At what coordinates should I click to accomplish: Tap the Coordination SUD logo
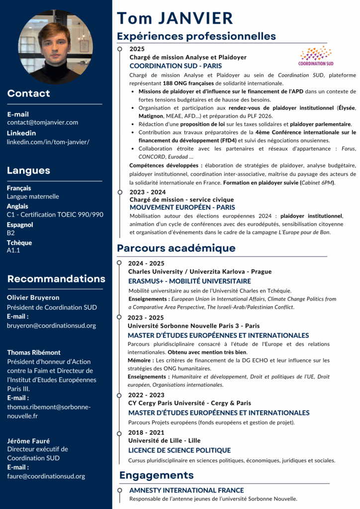click(316, 56)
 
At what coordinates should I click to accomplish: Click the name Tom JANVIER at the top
click(175, 18)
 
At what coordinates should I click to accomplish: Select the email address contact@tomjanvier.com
click(42, 122)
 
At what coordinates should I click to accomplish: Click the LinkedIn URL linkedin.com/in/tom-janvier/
click(48, 142)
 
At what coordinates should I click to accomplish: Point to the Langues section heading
click(28, 170)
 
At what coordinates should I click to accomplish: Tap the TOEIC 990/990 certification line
click(55, 215)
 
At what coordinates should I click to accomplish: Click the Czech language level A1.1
click(13, 251)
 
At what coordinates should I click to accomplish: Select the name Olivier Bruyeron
click(33, 298)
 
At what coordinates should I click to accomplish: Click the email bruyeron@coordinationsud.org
click(51, 326)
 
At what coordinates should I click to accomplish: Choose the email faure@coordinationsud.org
click(46, 476)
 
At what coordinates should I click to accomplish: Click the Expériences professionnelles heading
click(196, 36)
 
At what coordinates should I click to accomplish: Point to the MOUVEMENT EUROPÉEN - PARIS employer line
click(182, 207)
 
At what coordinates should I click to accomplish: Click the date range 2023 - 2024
click(147, 192)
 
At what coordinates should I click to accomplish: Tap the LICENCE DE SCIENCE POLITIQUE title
click(180, 450)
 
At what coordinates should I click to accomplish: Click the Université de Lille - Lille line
click(164, 441)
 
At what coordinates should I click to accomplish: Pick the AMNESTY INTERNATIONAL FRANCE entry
click(186, 490)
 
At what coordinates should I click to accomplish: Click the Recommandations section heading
click(56, 279)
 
